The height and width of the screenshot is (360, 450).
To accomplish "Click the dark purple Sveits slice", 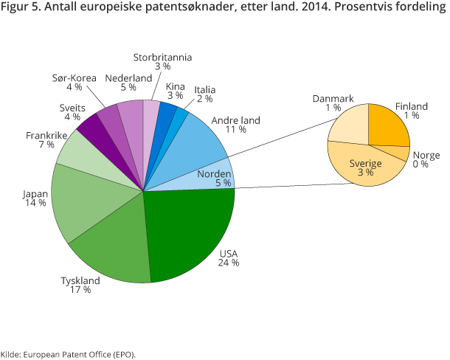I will (94, 128).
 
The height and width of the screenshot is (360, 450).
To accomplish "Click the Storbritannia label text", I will (162, 57).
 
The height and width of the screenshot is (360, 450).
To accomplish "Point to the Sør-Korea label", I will (74, 78).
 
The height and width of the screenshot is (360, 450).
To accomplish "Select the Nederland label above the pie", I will (128, 78).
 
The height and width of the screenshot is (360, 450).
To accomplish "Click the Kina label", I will (175, 86).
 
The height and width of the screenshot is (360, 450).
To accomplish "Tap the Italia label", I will (204, 90).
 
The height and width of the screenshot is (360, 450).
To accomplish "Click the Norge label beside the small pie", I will (426, 155).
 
